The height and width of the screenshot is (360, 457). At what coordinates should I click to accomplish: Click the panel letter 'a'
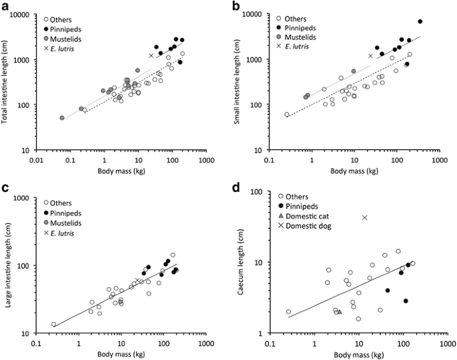coord(5,6)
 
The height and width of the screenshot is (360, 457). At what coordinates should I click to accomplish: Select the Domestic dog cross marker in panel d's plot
coord(365,217)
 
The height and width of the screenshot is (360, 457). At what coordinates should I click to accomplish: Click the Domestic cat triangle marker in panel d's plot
coord(340,311)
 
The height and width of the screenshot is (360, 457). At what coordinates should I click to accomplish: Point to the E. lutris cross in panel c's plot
coord(137,280)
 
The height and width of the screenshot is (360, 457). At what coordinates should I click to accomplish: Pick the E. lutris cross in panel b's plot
coord(371,56)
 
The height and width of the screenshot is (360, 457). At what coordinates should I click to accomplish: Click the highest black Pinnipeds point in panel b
coord(420,21)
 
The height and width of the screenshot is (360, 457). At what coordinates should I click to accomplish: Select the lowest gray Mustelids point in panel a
coord(62,118)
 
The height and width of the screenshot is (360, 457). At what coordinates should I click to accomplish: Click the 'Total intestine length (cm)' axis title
coord(5,82)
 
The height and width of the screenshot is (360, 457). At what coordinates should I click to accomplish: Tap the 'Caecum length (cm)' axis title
coord(240,262)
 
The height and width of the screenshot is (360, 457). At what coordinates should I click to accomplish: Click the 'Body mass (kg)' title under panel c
coord(121,355)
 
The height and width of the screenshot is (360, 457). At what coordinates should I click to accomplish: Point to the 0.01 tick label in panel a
coord(36,161)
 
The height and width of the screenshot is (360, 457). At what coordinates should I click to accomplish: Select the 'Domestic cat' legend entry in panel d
coord(304,216)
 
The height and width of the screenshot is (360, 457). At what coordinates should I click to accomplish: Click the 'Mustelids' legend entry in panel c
coord(62,223)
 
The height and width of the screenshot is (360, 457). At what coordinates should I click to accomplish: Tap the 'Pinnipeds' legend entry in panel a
coord(62,29)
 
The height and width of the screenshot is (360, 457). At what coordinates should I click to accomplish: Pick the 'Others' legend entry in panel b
coord(292,19)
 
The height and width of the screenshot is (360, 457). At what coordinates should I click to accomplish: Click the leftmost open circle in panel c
coord(53,324)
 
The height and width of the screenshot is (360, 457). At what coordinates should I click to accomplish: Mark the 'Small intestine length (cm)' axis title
coord(237,82)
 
